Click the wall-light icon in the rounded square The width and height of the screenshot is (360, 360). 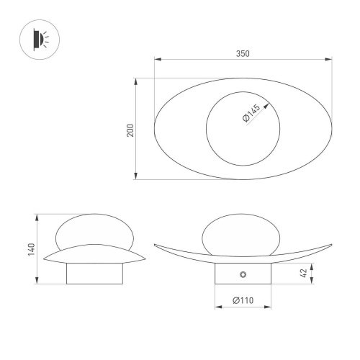pyautogui.click(x=37, y=37)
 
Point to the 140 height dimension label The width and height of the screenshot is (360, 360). pyautogui.click(x=28, y=248)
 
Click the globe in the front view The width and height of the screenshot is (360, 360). pyautogui.click(x=238, y=234)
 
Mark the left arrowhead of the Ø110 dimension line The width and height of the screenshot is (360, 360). pyautogui.click(x=217, y=307)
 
